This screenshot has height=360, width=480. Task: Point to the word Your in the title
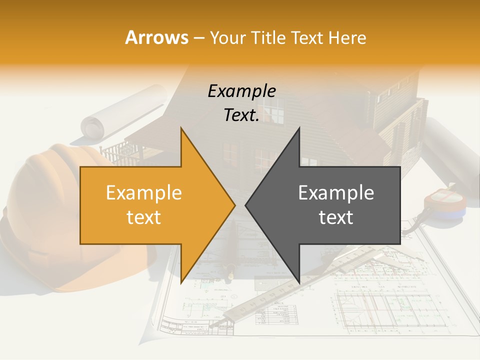pyautogui.click(x=228, y=38)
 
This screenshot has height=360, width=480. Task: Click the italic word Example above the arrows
pyautogui.click(x=241, y=91)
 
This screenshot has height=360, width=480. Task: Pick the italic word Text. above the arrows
pyautogui.click(x=241, y=115)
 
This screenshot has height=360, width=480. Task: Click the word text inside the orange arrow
pyautogui.click(x=144, y=217)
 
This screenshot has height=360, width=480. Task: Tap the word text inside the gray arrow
pyautogui.click(x=336, y=217)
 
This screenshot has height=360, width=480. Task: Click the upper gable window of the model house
pyautogui.click(x=273, y=110)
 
